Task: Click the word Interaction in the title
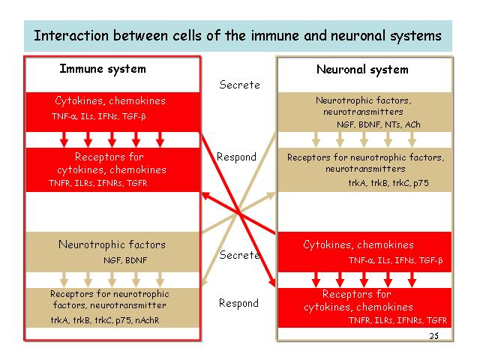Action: [x=71, y=35]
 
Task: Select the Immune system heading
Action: [x=103, y=69]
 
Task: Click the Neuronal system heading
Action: [x=362, y=70]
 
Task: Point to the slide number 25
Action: [x=433, y=336]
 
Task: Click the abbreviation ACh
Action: [x=412, y=124]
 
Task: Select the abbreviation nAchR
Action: [x=147, y=320]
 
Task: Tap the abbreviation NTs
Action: [x=393, y=124]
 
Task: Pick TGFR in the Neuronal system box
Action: [x=436, y=320]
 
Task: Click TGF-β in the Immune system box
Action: [x=134, y=117]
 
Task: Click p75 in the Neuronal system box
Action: [x=421, y=183]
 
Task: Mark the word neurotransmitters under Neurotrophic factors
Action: [x=363, y=112]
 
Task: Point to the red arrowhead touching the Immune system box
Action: [x=205, y=196]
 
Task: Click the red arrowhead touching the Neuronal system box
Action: [x=271, y=282]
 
